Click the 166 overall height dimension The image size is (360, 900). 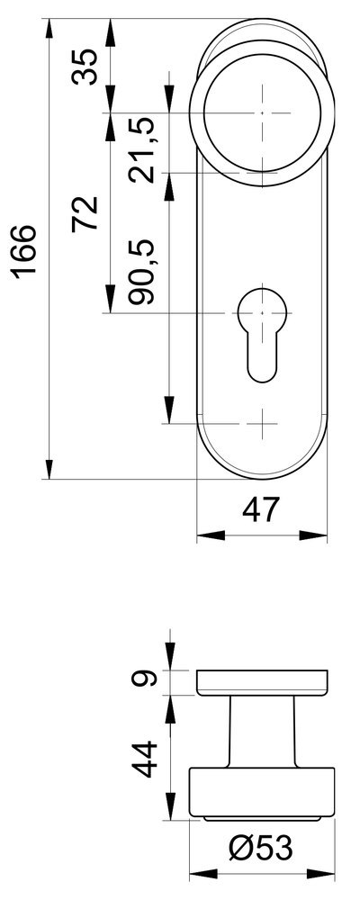click(x=24, y=251)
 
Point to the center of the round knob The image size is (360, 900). click(x=262, y=113)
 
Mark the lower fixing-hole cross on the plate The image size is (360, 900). click(x=262, y=421)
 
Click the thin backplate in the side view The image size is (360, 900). click(x=262, y=682)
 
